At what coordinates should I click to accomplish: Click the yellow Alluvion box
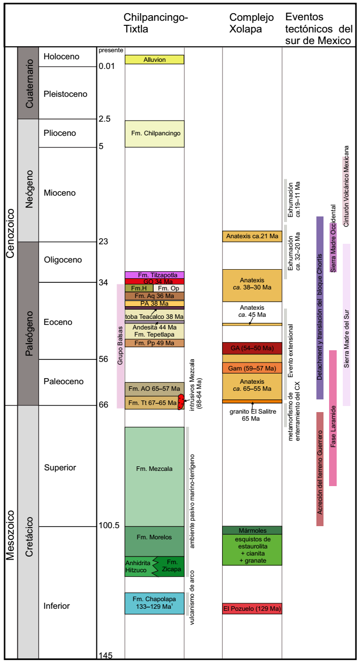(154, 59)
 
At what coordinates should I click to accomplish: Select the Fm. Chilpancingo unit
(154, 134)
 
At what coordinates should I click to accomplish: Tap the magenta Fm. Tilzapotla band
(154, 275)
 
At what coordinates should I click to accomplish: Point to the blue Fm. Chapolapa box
(154, 603)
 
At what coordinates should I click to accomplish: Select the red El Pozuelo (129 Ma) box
(252, 608)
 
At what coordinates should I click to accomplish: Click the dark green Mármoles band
(252, 530)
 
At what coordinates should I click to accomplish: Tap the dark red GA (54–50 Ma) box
(252, 348)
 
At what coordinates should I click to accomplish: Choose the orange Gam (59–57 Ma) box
(252, 369)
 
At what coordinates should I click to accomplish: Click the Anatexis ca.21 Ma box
(252, 236)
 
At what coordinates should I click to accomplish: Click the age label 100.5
(109, 525)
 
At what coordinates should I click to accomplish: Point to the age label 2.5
(104, 119)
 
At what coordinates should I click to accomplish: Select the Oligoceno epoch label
(62, 260)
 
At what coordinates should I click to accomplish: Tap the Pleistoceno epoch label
(65, 94)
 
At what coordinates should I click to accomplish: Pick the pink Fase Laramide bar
(333, 418)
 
